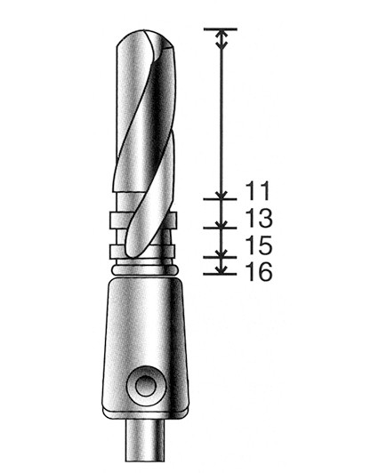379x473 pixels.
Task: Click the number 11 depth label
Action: (257, 190)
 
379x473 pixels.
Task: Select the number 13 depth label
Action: (257, 219)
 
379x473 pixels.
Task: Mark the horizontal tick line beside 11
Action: (219, 198)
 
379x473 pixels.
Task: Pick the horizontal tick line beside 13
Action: (219, 226)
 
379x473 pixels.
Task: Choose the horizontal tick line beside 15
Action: (219, 254)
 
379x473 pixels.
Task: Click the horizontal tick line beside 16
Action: (219, 272)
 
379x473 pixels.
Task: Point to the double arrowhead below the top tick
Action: (219, 40)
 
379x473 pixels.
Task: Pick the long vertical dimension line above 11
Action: (219, 116)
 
